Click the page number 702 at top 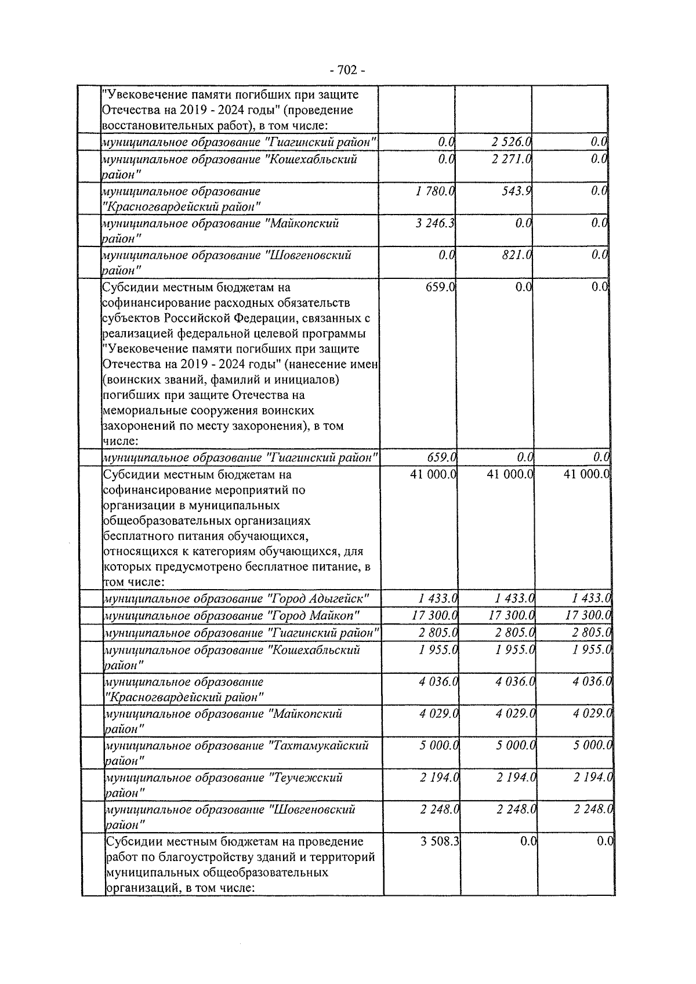347,71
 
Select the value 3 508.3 440,841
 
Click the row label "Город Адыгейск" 236,598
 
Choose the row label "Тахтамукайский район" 237,753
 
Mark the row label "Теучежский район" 224,785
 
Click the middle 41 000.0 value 510,474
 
